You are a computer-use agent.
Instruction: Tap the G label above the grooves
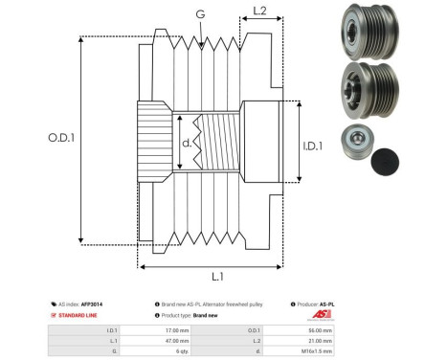click(199, 13)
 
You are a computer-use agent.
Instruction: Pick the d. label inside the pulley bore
click(187, 145)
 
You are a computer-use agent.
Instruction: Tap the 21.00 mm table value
click(319, 340)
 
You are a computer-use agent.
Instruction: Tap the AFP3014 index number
click(91, 304)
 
